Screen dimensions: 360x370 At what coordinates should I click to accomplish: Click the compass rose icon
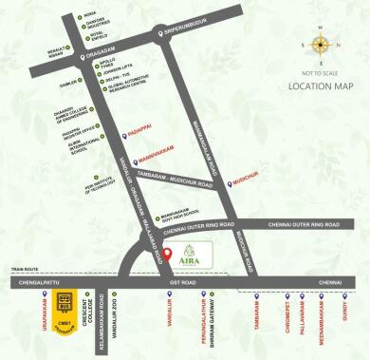click(x=319, y=45)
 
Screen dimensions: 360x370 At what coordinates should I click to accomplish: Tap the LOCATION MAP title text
click(x=320, y=85)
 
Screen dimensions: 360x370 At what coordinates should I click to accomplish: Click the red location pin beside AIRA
click(x=168, y=255)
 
